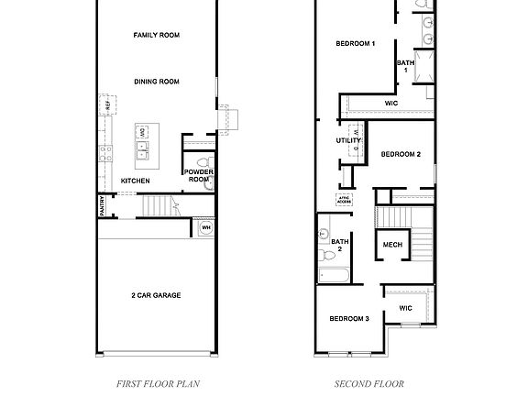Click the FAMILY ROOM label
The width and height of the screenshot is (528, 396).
click(x=156, y=35)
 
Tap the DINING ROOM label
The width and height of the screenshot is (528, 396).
click(x=156, y=82)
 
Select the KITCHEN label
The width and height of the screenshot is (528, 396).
click(x=136, y=181)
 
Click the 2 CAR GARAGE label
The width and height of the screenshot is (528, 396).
click(x=156, y=295)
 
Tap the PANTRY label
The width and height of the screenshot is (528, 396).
click(x=102, y=208)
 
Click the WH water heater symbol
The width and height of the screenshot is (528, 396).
click(x=205, y=227)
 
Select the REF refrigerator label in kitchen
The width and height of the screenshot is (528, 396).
click(x=107, y=106)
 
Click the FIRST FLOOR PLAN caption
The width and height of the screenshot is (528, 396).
click(x=158, y=384)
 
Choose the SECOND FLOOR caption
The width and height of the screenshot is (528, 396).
click(x=368, y=384)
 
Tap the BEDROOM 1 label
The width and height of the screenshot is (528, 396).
click(x=356, y=43)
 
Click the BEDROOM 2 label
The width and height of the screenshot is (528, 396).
click(x=401, y=154)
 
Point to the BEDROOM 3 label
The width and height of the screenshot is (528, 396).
click(x=349, y=318)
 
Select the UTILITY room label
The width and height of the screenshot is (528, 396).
click(x=348, y=140)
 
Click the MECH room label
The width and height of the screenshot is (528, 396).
click(x=392, y=245)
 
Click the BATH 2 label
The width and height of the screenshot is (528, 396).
click(x=338, y=245)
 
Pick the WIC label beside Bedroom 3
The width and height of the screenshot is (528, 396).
click(x=405, y=309)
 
